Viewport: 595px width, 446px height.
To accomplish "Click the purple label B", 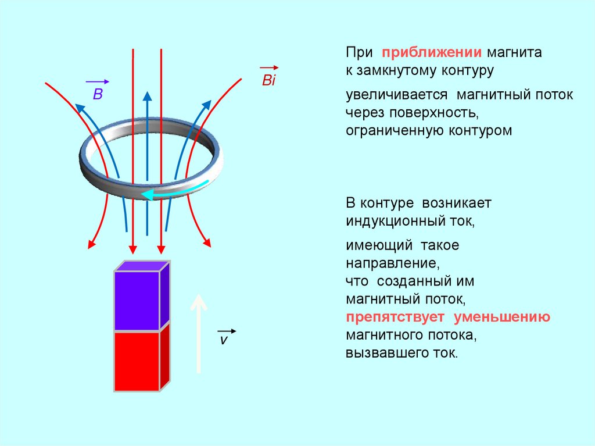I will click(x=98, y=94).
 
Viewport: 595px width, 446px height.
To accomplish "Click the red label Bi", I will click(x=268, y=80).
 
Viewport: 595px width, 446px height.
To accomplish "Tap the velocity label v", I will click(x=223, y=340).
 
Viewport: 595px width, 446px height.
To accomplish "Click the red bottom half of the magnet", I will click(x=137, y=361).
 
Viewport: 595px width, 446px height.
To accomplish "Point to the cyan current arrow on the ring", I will click(x=175, y=191).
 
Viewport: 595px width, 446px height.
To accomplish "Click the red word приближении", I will click(x=432, y=52).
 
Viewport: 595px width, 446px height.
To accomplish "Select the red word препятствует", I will click(x=395, y=317).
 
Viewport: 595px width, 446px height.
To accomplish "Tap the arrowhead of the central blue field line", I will click(x=148, y=97).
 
